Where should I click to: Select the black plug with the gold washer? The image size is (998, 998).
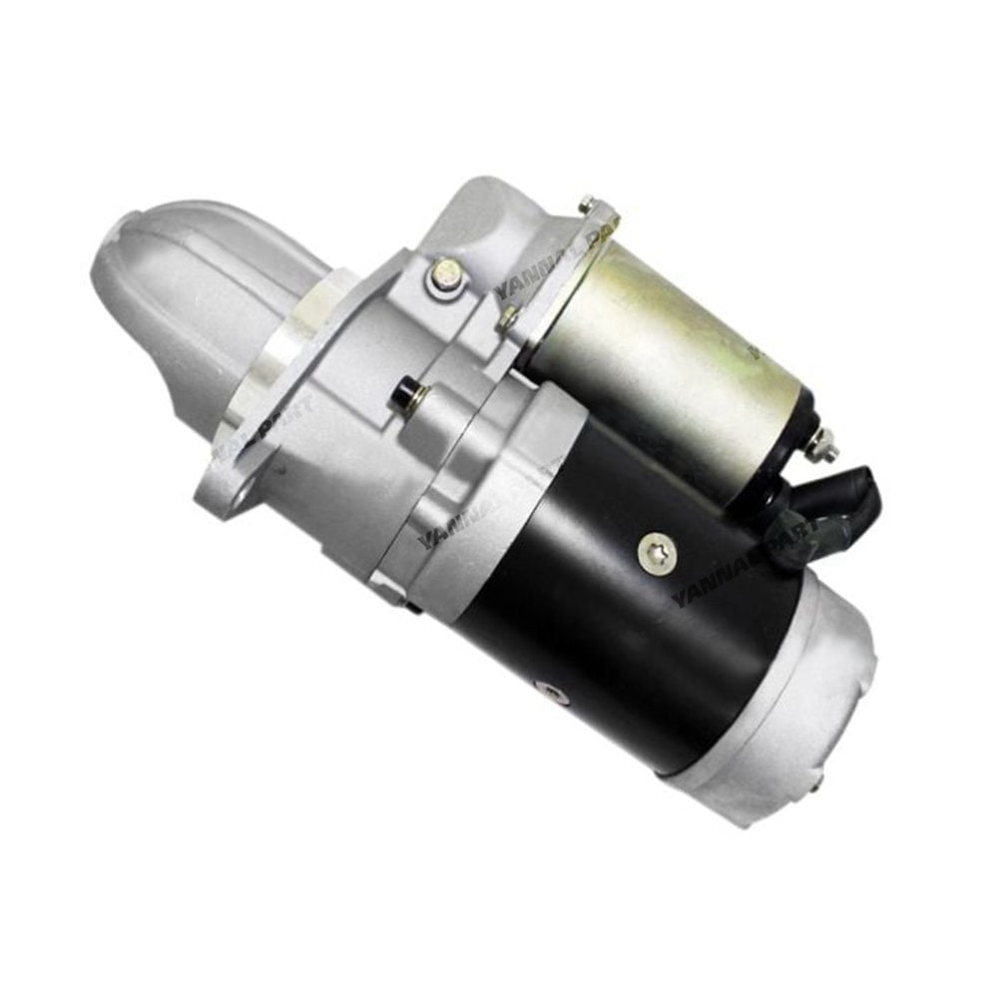(x=405, y=394)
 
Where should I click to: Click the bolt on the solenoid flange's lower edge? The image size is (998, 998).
(x=508, y=316)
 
